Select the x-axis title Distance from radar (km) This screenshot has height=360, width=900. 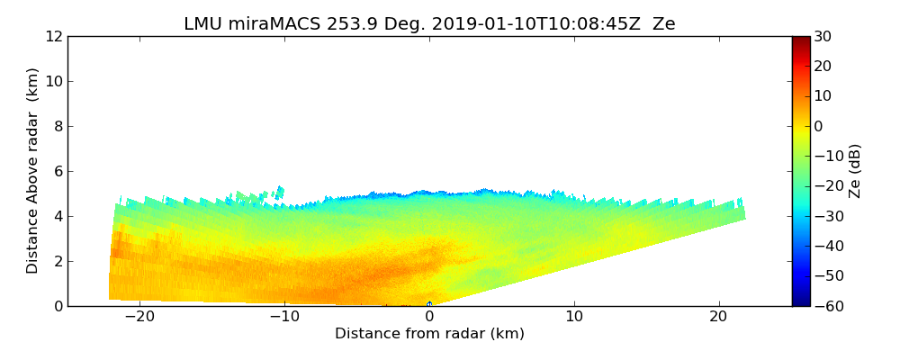pyautogui.click(x=429, y=334)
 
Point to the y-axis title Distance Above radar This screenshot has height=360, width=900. pyautogui.click(x=33, y=170)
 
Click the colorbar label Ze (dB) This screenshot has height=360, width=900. pyautogui.click(x=854, y=171)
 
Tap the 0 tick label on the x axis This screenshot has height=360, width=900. pyautogui.click(x=429, y=317)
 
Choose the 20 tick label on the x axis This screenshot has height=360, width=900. pyautogui.click(x=718, y=317)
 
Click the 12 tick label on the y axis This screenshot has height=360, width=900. pyautogui.click(x=53, y=36)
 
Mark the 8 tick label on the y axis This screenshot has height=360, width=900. pyautogui.click(x=57, y=126)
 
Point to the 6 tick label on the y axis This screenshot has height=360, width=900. pyautogui.click(x=57, y=171)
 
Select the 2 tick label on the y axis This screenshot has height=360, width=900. pyautogui.click(x=57, y=261)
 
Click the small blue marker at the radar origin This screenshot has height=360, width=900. pyautogui.click(x=429, y=304)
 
